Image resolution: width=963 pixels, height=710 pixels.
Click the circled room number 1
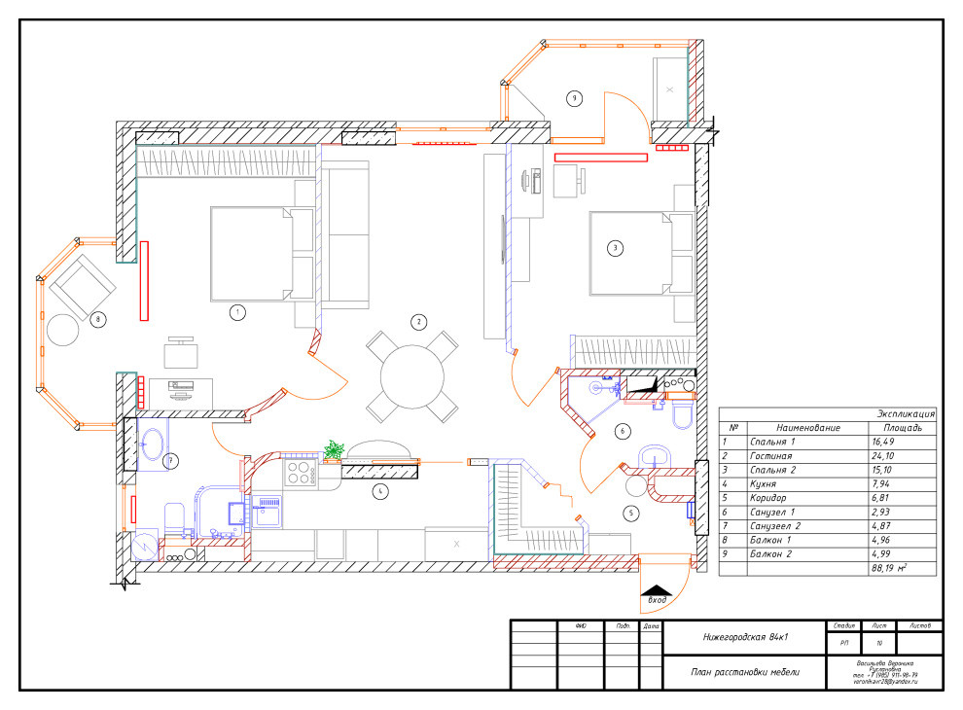pyautogui.click(x=235, y=312)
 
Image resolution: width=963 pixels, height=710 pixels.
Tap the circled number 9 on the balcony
pyautogui.click(x=574, y=98)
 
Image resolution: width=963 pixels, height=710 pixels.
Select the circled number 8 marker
pyautogui.click(x=96, y=318)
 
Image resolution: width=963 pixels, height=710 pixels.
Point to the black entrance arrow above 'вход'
pyautogui.click(x=658, y=590)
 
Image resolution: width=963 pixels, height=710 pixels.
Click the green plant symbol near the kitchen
pyautogui.click(x=335, y=448)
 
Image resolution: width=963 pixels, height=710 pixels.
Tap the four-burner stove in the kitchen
pyautogui.click(x=301, y=472)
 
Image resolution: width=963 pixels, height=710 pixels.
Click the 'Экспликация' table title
pyautogui.click(x=906, y=412)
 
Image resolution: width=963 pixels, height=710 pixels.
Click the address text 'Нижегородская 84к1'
pyautogui.click(x=744, y=638)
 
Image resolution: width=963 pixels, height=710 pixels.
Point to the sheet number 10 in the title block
pyautogui.click(x=878, y=643)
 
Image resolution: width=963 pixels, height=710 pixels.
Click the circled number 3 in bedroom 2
pyautogui.click(x=614, y=248)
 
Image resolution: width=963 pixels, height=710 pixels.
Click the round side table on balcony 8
pyautogui.click(x=64, y=330)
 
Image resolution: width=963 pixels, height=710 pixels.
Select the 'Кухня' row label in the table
pyautogui.click(x=767, y=483)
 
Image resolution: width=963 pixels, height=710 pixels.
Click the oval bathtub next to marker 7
pyautogui.click(x=153, y=446)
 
